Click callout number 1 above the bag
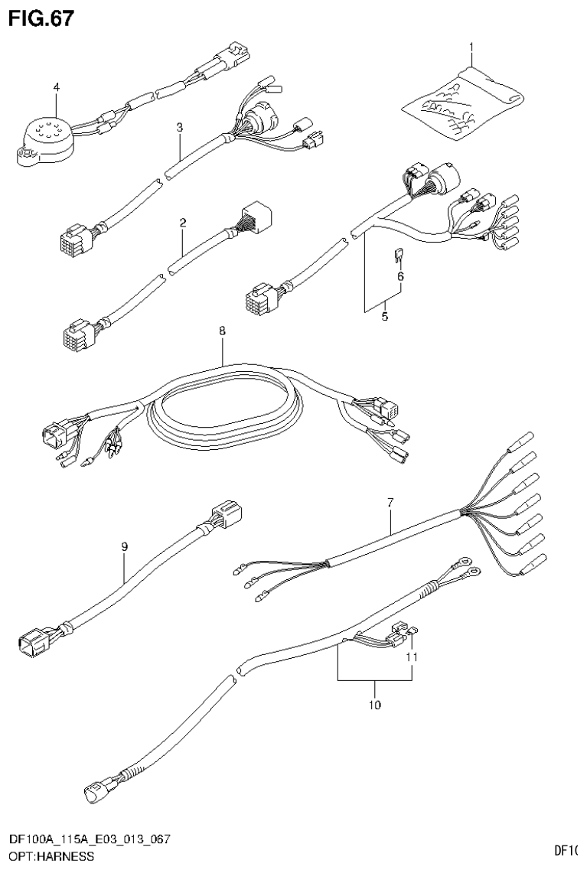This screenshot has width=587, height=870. point(471,47)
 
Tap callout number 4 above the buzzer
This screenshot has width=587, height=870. point(55,88)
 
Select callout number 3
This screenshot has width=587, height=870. point(179,128)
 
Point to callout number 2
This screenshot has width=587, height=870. point(183,223)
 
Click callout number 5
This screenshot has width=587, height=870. point(383,316)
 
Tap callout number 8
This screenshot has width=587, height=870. point(222,332)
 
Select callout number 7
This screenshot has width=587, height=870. point(390,503)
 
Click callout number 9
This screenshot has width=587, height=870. point(124,546)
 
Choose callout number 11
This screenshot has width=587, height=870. point(412,657)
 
